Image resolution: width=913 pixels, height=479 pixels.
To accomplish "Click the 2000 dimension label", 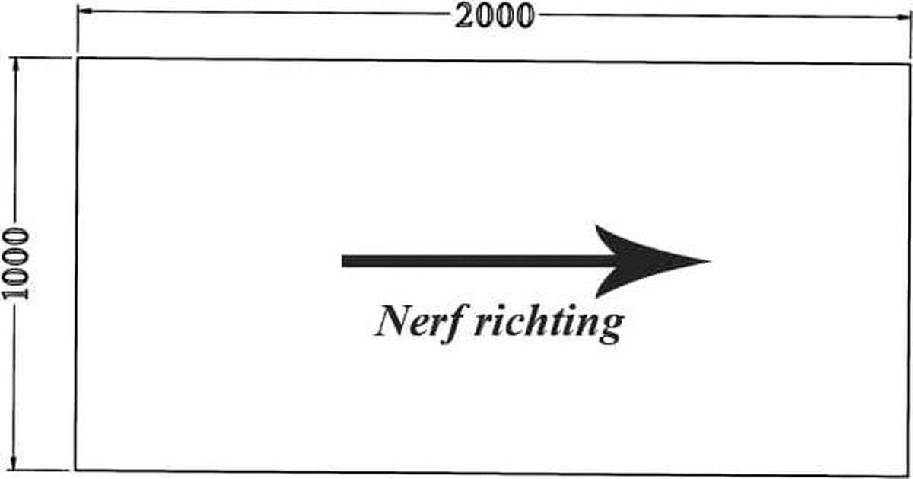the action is (494, 16).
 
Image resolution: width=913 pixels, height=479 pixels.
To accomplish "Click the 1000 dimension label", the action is (15, 264).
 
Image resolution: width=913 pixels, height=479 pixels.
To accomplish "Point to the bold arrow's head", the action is (648, 261).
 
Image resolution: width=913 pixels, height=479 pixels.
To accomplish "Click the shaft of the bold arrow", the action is (477, 261).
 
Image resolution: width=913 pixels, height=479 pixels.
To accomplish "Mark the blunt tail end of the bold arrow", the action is (342, 261).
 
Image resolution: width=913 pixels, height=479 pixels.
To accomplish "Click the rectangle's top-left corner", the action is (78, 59).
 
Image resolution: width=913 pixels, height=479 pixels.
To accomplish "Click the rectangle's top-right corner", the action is (910, 65).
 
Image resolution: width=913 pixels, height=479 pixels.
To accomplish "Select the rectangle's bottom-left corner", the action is (75, 470).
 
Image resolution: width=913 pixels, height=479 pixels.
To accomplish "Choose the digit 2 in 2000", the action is (464, 16).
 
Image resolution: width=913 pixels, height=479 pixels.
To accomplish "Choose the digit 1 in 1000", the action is (15, 293).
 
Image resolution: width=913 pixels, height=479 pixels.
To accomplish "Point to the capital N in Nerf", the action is (393, 321).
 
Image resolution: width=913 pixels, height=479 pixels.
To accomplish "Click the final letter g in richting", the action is (612, 328).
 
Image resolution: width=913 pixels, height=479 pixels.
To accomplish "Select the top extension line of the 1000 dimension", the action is (40, 58).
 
